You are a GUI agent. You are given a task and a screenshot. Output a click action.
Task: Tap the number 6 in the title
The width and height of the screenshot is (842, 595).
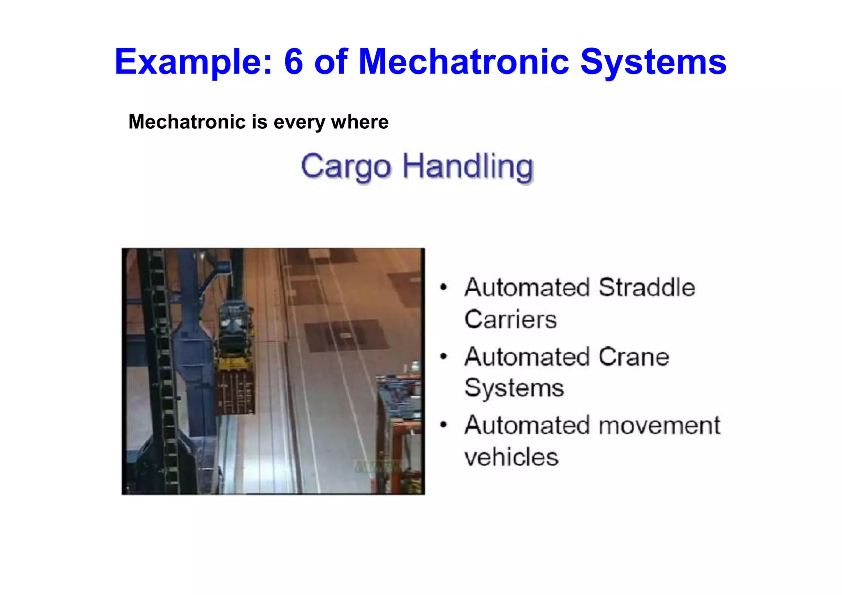pos(293,62)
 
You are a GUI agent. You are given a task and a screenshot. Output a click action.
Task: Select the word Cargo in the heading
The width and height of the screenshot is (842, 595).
pos(346,167)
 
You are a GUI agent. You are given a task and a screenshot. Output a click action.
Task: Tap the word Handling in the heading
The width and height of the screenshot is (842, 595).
pos(467,167)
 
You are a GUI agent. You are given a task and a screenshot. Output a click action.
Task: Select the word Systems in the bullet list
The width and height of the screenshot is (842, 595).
pos(514,388)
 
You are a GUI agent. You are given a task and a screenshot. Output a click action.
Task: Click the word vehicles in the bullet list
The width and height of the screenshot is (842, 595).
pos(511,457)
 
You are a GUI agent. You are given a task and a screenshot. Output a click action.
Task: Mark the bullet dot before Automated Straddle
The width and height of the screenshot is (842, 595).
pos(443,287)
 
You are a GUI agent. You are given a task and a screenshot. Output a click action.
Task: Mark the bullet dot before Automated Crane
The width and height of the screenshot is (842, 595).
pos(443,357)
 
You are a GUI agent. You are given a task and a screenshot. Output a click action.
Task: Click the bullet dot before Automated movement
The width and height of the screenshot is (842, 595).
pos(443,425)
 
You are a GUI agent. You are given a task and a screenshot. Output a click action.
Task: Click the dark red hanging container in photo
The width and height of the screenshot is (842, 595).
pos(235,393)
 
